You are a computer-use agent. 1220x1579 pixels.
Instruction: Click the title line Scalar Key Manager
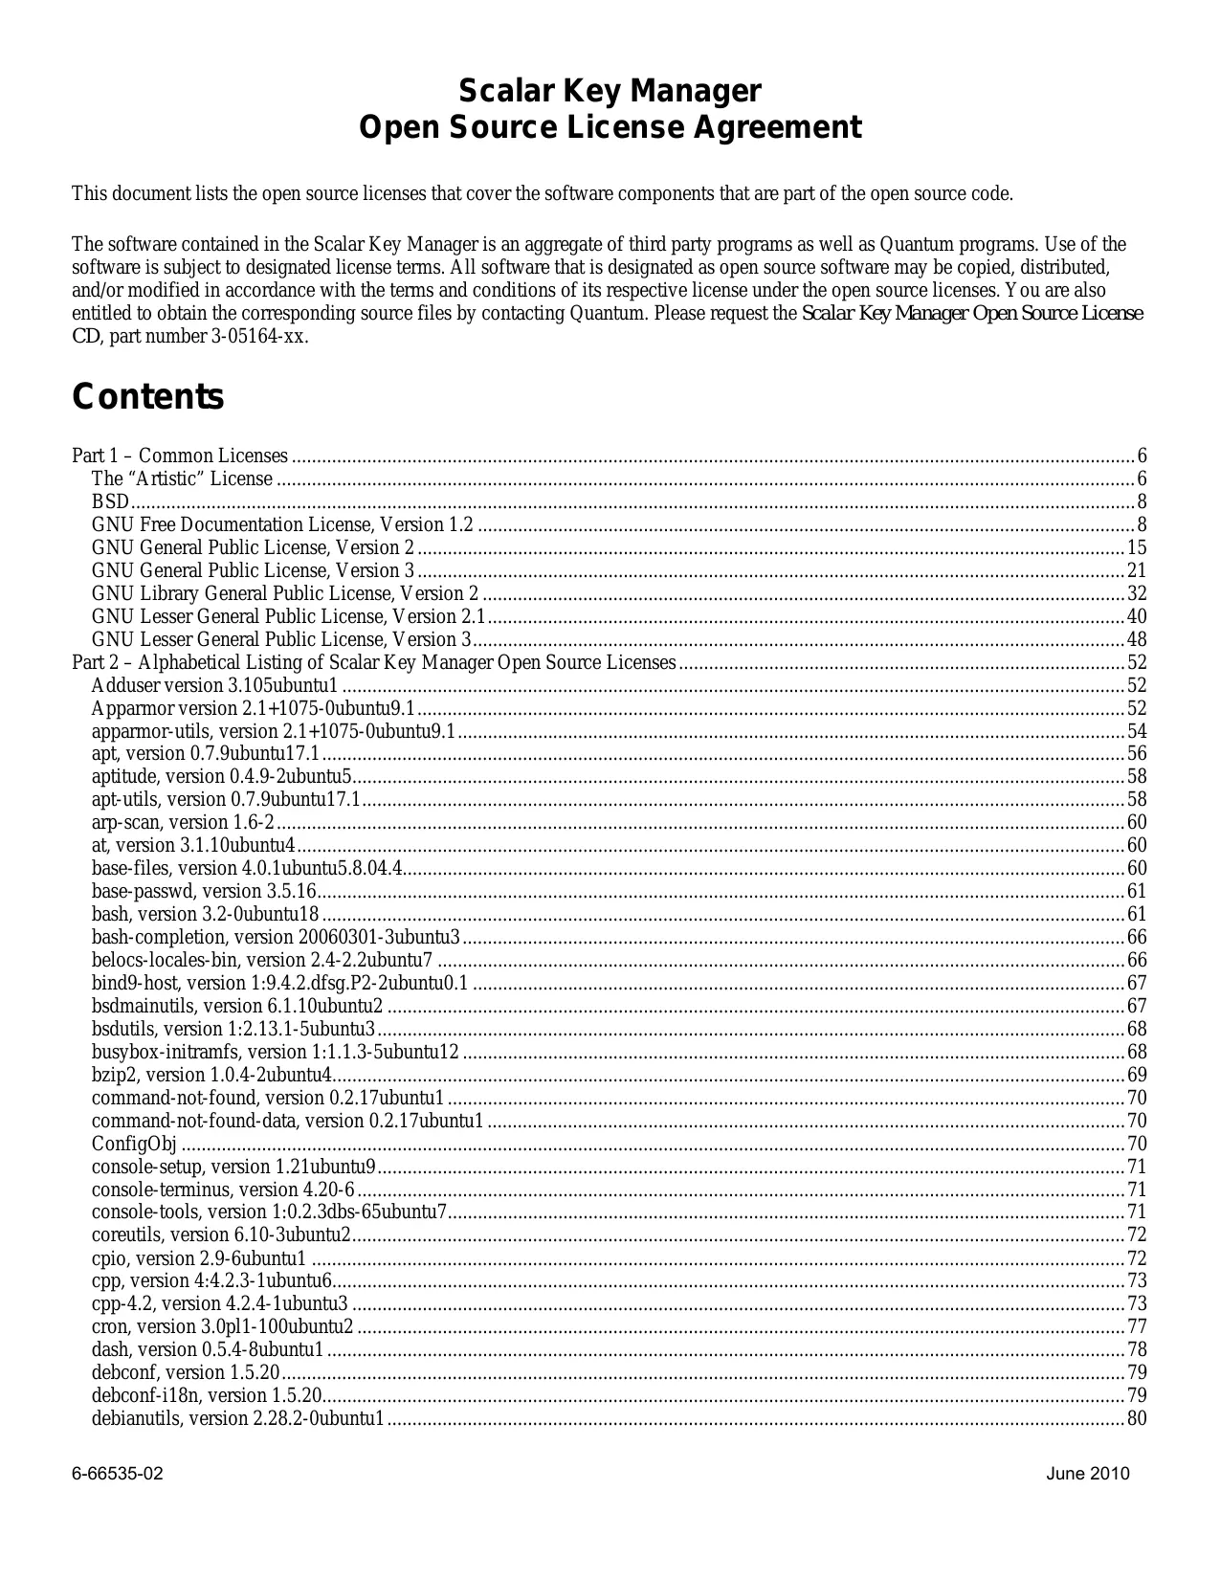click(x=610, y=92)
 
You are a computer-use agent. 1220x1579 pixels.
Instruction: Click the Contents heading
click(x=148, y=397)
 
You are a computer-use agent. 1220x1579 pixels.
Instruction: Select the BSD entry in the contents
click(x=110, y=502)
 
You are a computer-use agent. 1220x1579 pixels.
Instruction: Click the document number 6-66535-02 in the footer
click(x=118, y=1474)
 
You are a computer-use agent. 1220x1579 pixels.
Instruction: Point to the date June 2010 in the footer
click(x=1088, y=1474)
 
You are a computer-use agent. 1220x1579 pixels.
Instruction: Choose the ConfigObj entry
click(x=135, y=1145)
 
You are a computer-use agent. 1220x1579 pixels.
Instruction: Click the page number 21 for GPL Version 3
click(x=1137, y=571)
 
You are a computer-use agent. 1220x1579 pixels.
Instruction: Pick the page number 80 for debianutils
click(x=1137, y=1419)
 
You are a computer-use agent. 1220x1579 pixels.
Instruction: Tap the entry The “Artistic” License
click(x=182, y=479)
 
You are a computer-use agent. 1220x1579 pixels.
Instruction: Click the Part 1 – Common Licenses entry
click(x=180, y=456)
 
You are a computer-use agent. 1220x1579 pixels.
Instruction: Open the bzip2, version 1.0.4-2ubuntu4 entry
click(x=211, y=1076)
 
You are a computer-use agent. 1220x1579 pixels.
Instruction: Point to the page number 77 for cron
click(x=1137, y=1327)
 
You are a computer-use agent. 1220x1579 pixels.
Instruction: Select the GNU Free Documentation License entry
click(x=282, y=525)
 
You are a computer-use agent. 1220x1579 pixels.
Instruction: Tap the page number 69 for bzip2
click(x=1137, y=1076)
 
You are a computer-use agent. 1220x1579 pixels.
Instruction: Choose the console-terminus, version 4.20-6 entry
click(x=223, y=1190)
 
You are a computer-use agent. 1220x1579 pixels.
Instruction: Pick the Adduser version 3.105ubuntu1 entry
click(x=215, y=686)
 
